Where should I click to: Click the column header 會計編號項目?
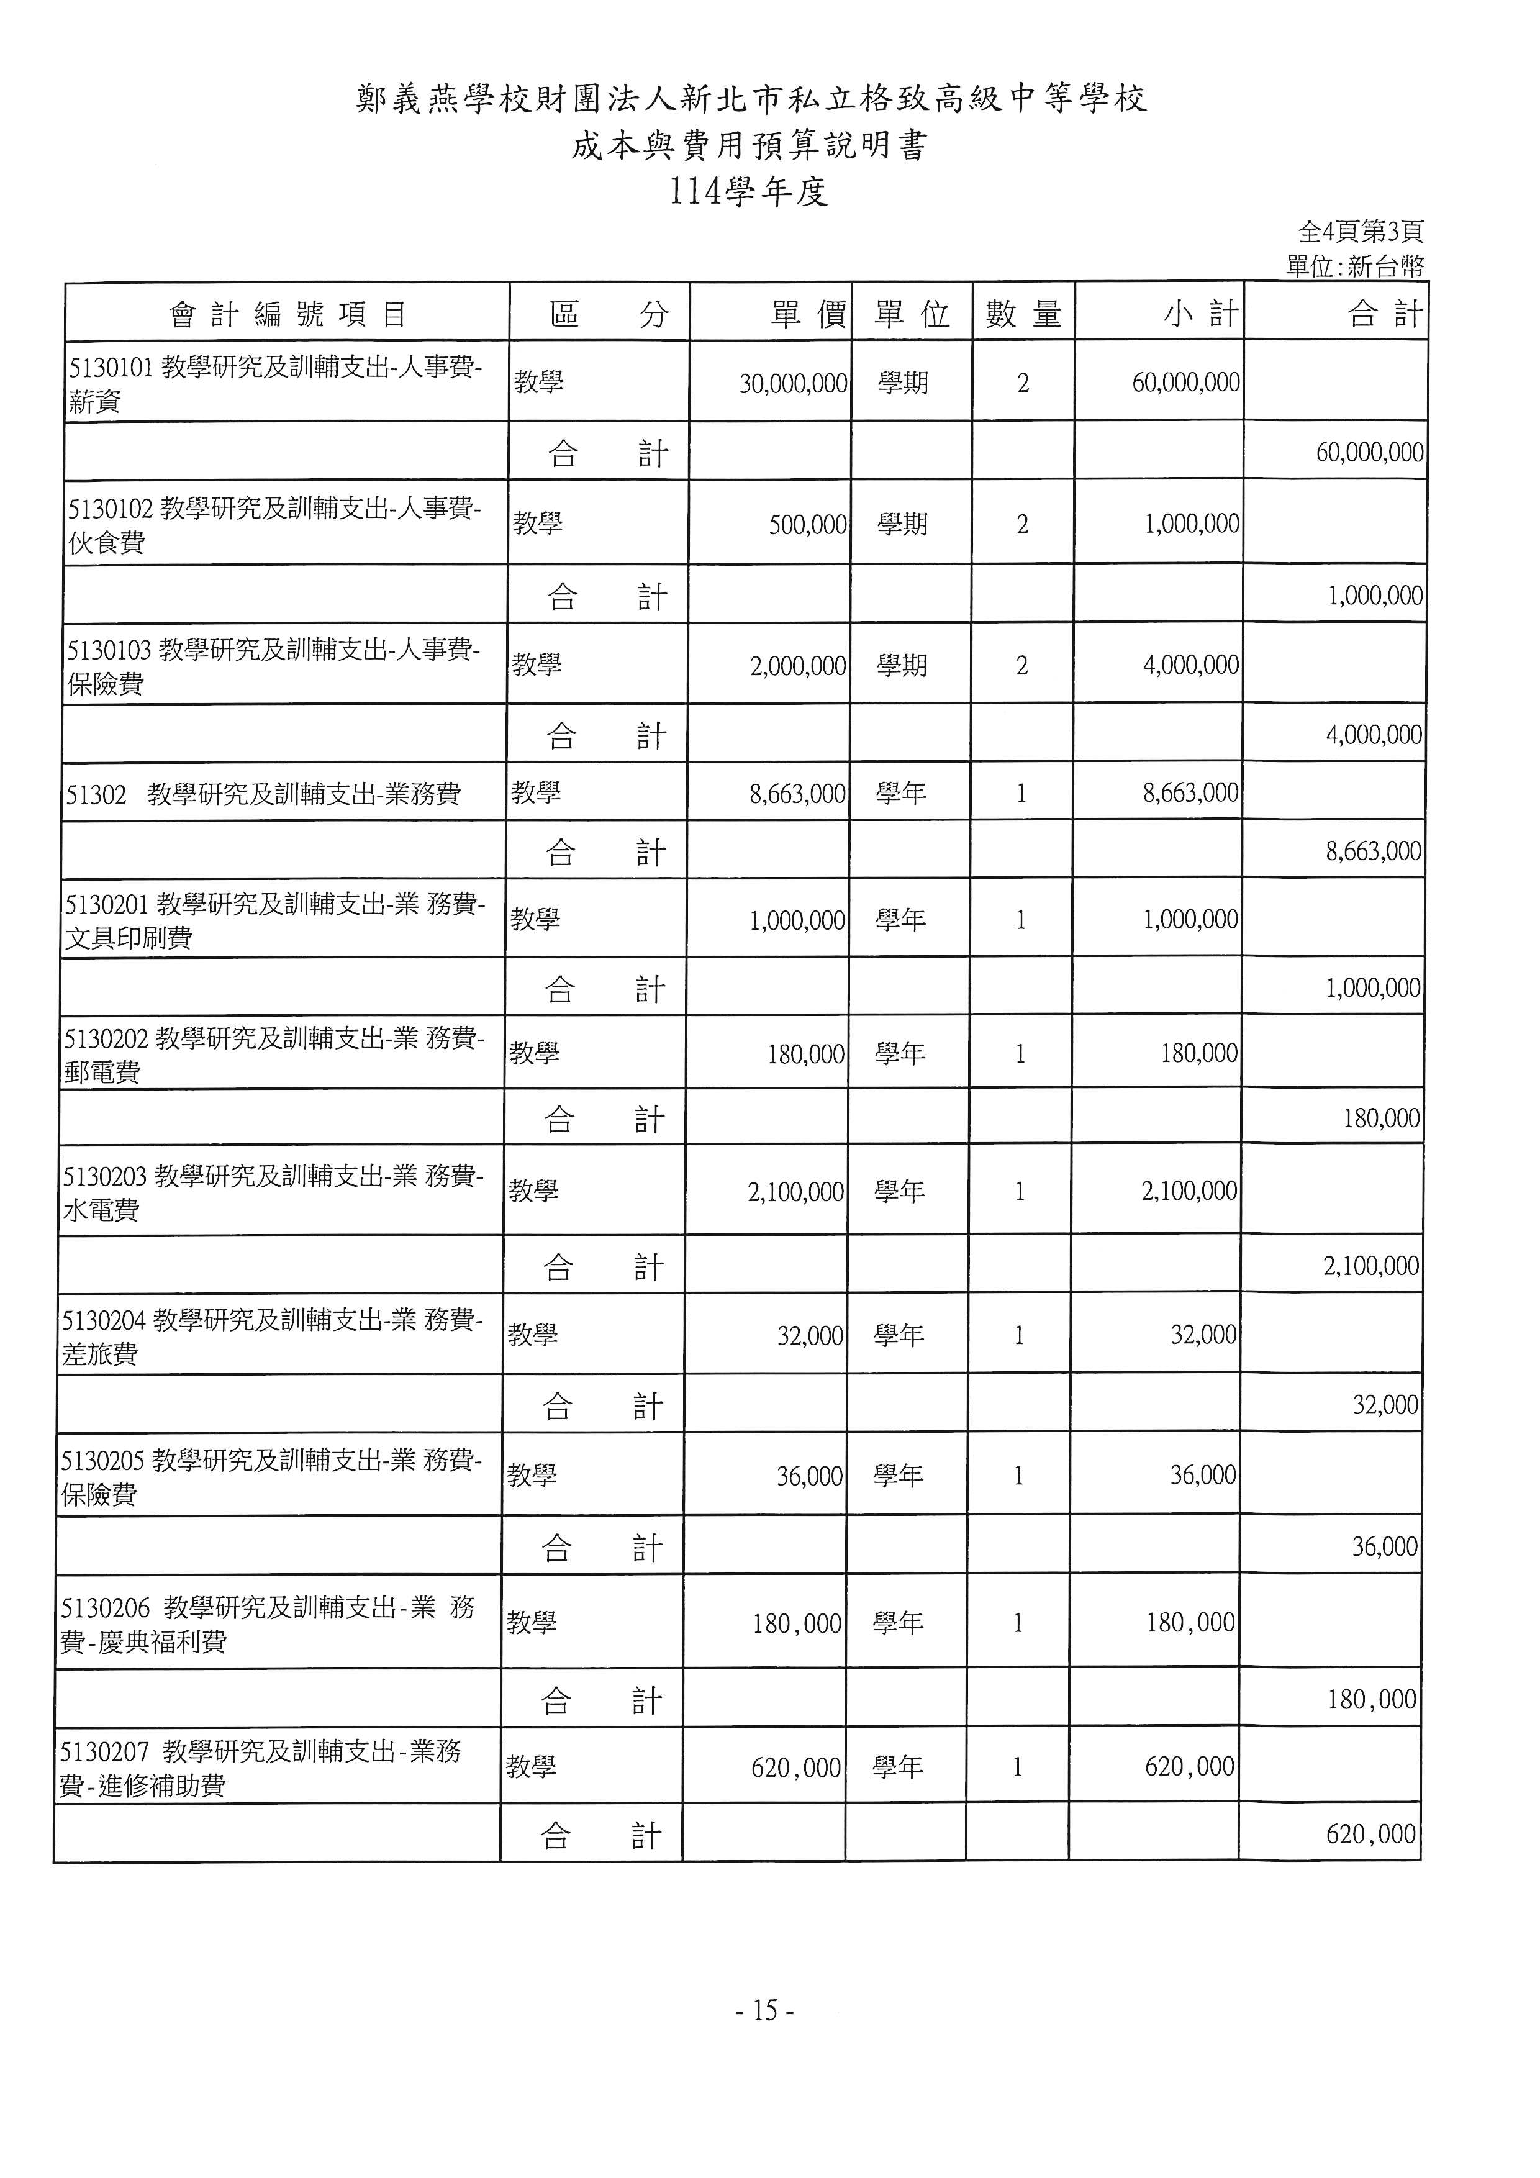point(288,313)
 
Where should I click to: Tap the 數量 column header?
point(1022,313)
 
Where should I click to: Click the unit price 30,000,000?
point(793,383)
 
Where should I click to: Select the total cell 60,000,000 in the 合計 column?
point(1369,453)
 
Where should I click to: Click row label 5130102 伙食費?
point(274,525)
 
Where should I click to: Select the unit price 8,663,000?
point(797,793)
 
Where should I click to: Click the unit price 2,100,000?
point(795,1191)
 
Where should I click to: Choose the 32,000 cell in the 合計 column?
point(1385,1405)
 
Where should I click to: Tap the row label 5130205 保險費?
point(270,1476)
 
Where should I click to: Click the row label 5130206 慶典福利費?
point(268,1624)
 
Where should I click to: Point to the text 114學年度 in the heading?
point(748,193)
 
